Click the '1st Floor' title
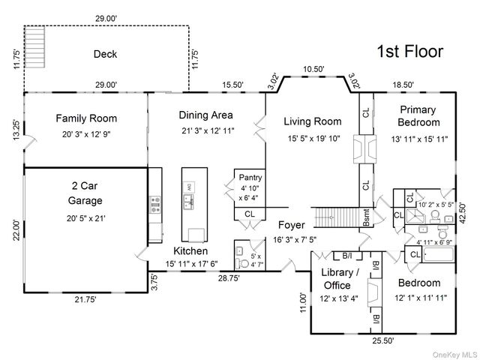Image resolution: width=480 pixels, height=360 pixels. [x=410, y=52]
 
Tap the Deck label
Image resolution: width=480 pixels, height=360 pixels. [x=105, y=54]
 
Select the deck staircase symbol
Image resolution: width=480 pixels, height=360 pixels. [x=34, y=46]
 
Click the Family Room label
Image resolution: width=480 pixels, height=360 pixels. [x=86, y=118]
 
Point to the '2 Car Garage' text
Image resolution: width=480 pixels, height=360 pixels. [x=85, y=193]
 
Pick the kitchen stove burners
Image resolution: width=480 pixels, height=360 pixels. [x=155, y=205]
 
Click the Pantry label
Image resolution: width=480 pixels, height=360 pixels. [x=250, y=178]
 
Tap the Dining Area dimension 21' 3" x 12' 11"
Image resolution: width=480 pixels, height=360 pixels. [x=208, y=131]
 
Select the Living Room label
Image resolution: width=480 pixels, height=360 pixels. [x=313, y=121]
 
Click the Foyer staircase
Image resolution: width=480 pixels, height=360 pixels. [x=337, y=217]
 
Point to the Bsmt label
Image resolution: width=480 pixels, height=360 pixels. [x=366, y=217]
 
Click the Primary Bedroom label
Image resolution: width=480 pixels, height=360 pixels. [x=418, y=116]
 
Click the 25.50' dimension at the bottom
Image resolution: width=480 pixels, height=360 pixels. [x=383, y=340]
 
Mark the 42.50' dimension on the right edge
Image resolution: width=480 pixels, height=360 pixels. [x=462, y=213]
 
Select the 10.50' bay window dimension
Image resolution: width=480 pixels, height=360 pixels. [x=313, y=69]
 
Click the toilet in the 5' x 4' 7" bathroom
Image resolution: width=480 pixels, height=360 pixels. [x=242, y=263]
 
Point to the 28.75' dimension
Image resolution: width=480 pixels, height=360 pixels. [x=229, y=278]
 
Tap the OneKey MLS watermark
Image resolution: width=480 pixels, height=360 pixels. [x=454, y=355]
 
